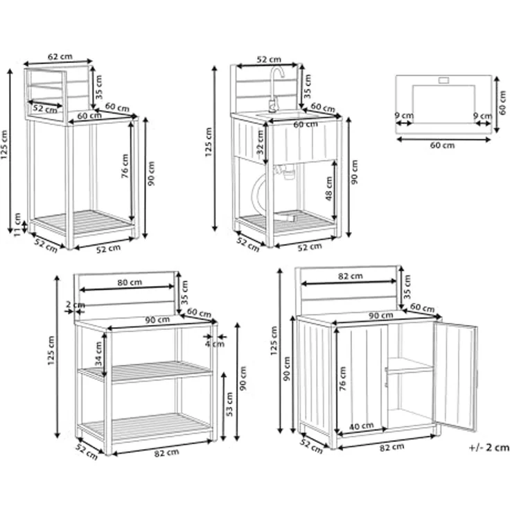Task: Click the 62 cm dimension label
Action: pos(60,57)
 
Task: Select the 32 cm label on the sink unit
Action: pos(260,142)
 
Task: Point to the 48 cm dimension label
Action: pos(329,188)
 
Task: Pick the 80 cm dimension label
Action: pos(130,282)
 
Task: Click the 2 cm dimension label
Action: pos(75,305)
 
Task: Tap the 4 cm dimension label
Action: pos(215,344)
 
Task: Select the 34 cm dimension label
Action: pos(98,354)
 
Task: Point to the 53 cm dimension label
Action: pos(229,404)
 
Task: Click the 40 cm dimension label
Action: pos(361,425)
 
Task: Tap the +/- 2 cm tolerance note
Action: pos(489,448)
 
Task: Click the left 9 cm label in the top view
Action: pos(404,116)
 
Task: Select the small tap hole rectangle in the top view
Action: pos(443,80)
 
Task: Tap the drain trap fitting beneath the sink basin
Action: pos(286,171)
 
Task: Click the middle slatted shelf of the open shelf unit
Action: pos(146,371)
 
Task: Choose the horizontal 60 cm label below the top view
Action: pos(442,145)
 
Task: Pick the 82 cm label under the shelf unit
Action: pos(166,452)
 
